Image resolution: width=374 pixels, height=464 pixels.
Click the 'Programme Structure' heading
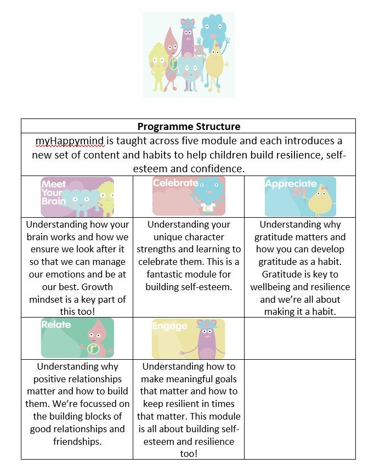point(188,126)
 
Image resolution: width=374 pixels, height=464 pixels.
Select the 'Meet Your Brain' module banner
point(77,197)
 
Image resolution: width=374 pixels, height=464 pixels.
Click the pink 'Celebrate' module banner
point(188,196)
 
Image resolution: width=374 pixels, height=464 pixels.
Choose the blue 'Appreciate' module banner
point(300,196)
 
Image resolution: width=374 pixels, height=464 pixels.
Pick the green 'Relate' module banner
point(77,338)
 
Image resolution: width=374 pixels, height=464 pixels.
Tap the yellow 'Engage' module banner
point(188,338)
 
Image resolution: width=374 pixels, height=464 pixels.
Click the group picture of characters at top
point(188,55)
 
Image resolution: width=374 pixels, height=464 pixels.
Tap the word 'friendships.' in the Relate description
point(77,441)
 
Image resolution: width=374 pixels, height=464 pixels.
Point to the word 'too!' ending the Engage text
point(188,454)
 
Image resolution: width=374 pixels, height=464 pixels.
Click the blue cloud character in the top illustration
point(214,31)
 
